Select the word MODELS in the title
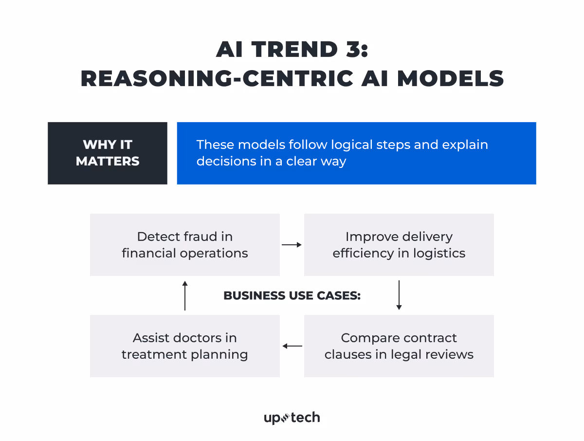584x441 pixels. [x=450, y=78]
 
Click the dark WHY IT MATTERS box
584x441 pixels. [x=108, y=153]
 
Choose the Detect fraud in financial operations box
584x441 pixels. [x=185, y=245]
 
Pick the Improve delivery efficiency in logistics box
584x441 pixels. [x=399, y=245]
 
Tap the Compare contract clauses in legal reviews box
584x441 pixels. [x=399, y=346]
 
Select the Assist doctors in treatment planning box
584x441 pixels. [x=185, y=346]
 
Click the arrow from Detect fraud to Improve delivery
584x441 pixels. [x=292, y=245]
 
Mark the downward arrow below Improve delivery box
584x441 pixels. [x=399, y=295]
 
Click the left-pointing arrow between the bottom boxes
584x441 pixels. [x=292, y=346]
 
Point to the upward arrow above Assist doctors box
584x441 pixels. [x=185, y=295]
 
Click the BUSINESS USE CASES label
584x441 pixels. [x=292, y=295]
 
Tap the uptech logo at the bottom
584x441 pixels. [x=292, y=418]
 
